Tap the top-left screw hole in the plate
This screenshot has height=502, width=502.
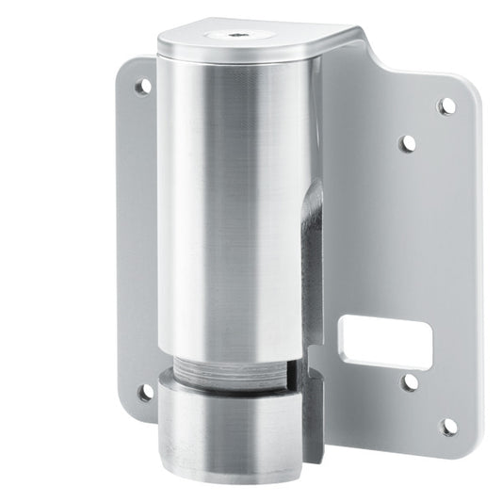coord(143,86)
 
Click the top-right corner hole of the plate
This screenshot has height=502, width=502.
coord(447,105)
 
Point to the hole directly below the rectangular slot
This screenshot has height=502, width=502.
coord(410,382)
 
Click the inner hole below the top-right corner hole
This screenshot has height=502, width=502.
coord(408,143)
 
